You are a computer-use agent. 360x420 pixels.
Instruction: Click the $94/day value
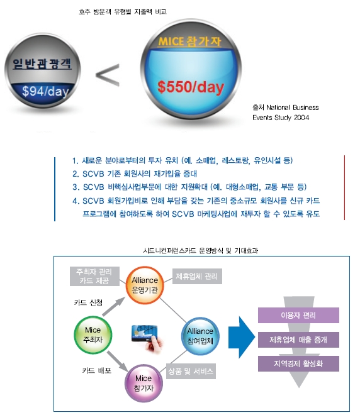[x=45, y=91]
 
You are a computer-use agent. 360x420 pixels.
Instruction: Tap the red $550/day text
[x=191, y=87]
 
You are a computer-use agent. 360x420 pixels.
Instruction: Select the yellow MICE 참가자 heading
[x=189, y=41]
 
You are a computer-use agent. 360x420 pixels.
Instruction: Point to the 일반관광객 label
[x=42, y=64]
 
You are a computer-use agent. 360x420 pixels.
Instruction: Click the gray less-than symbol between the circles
[x=108, y=75]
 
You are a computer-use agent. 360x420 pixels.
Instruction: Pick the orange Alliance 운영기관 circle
[x=145, y=285]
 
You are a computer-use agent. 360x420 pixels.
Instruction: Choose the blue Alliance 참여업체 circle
[x=200, y=336]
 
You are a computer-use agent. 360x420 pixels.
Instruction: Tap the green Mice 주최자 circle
[x=93, y=335]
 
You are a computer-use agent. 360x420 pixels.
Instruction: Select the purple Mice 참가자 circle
[x=143, y=383]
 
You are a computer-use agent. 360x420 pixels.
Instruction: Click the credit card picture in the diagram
[x=147, y=337]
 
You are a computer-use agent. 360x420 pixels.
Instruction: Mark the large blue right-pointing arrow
[x=242, y=338]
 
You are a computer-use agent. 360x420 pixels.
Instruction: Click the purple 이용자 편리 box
[x=298, y=315]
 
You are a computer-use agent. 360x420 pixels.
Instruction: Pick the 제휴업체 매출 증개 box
[x=298, y=340]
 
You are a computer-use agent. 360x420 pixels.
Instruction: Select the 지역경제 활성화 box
[x=298, y=363]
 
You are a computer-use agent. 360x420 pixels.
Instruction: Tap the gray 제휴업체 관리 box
[x=197, y=276]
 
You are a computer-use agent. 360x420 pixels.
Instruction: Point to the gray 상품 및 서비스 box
[x=191, y=371]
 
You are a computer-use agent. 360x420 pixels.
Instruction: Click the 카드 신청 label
[x=88, y=302]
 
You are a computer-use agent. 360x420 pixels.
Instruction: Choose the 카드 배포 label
[x=97, y=370]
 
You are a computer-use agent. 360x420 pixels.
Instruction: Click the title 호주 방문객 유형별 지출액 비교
[x=123, y=11]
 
